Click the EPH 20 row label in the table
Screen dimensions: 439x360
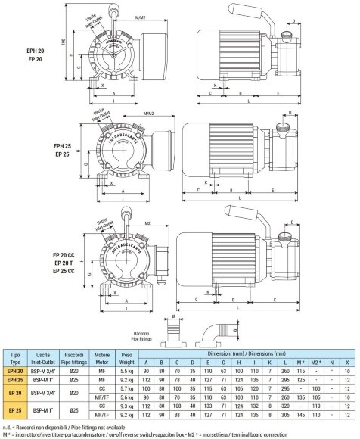(x=15, y=372)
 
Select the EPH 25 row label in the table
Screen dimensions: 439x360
(x=15, y=380)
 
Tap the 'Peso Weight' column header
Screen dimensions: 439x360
(x=127, y=357)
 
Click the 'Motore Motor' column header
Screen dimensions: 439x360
(x=102, y=357)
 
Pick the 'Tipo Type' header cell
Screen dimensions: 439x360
(x=15, y=357)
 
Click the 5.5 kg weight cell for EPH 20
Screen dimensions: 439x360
(x=127, y=372)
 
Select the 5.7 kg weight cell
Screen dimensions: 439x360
(x=127, y=388)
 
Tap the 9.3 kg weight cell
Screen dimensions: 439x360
(x=127, y=405)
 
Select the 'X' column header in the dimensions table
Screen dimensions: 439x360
(x=346, y=363)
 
